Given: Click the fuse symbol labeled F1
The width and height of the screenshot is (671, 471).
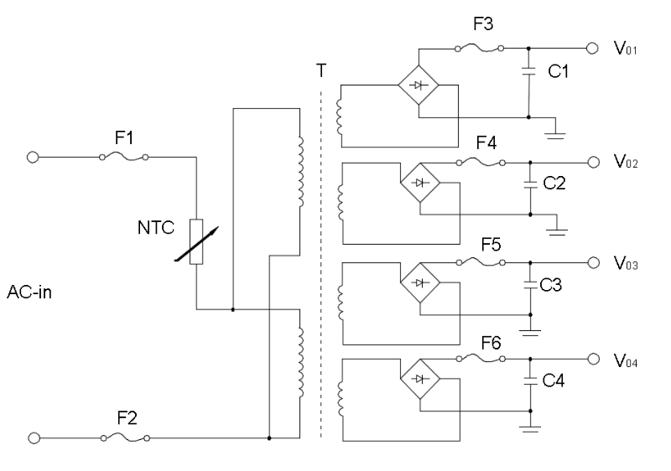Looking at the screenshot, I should pos(124,157).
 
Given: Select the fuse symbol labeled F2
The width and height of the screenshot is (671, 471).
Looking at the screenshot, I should pos(124,437).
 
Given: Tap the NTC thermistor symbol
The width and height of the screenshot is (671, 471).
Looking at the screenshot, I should pos(195,241).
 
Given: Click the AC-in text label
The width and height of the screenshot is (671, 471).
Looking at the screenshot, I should pos(31,293).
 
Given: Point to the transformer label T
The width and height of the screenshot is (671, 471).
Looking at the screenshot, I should pos(320,72).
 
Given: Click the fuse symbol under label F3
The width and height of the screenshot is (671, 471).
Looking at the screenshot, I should pos(479,48).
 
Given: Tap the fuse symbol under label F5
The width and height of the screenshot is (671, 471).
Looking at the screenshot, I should pos(479,261).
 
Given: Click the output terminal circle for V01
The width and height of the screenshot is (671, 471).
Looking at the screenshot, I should pos(594,48).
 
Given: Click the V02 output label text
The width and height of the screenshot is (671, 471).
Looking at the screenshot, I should pos(627,163).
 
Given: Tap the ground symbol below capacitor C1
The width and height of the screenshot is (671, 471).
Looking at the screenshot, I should pos(554,131).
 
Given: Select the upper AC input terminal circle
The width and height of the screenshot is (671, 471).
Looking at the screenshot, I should pos(34,157).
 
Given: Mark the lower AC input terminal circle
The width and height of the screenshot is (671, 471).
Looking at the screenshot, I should pos(34,437).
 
